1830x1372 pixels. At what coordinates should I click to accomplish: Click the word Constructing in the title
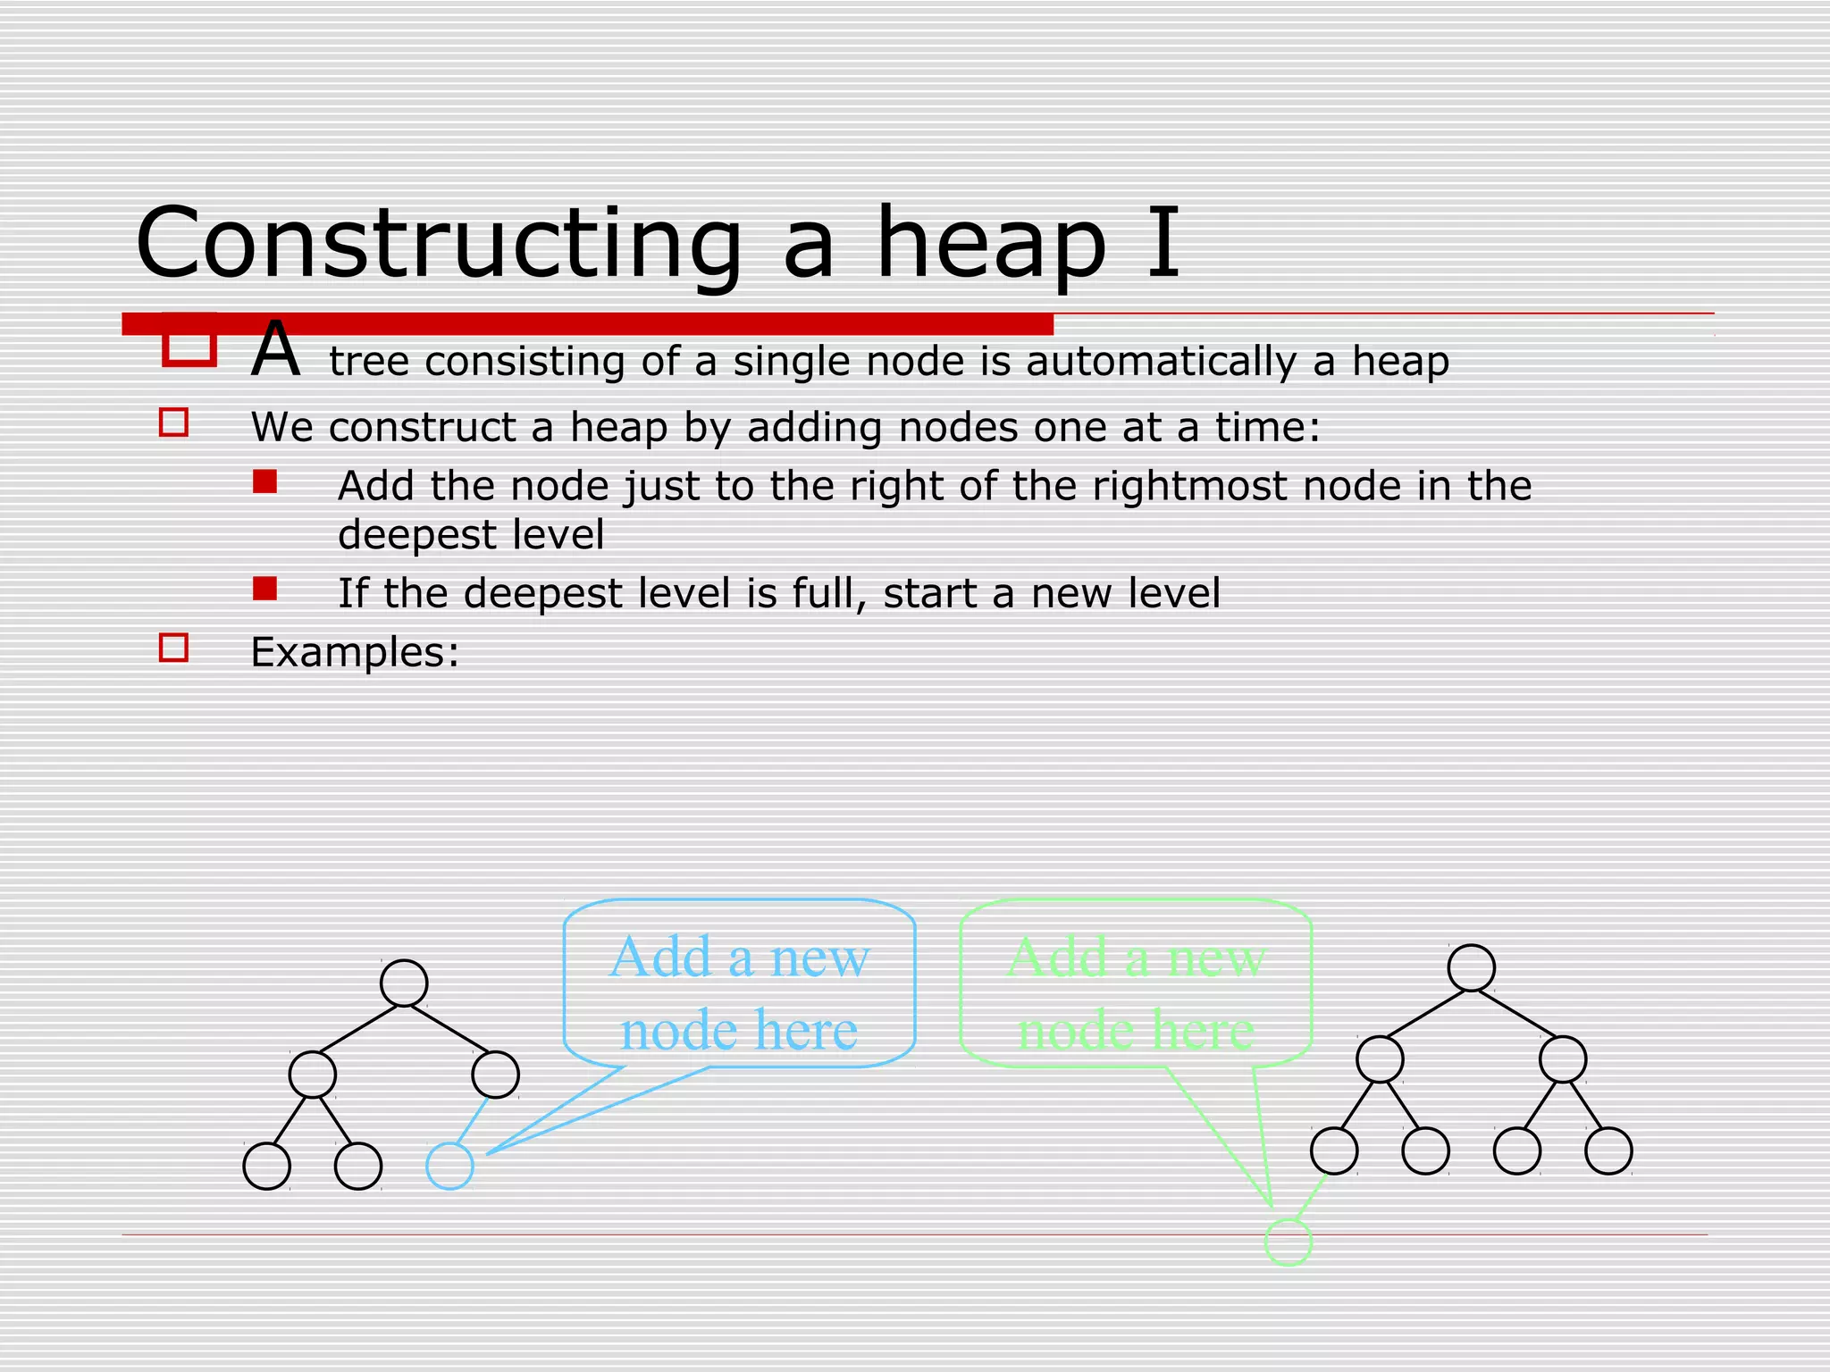[x=439, y=243]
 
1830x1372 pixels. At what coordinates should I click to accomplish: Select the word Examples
[x=355, y=652]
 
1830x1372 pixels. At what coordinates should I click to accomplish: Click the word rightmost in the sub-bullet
[x=1189, y=486]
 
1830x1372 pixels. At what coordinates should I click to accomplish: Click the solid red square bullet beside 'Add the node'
[x=264, y=482]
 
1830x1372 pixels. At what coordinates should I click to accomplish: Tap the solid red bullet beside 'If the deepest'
[x=264, y=589]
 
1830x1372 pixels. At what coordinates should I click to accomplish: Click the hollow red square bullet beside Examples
[x=173, y=648]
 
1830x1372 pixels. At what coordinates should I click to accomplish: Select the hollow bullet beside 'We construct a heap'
[x=173, y=422]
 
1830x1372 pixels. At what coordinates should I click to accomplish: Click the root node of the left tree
[x=404, y=983]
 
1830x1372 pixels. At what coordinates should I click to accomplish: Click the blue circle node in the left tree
[x=449, y=1166]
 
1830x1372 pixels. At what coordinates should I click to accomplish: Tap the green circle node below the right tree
[x=1288, y=1242]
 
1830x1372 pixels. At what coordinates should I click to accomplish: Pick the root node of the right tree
[x=1471, y=968]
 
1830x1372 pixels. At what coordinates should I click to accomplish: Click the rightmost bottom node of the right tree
[x=1608, y=1150]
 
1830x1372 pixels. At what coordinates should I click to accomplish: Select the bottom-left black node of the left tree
[x=267, y=1166]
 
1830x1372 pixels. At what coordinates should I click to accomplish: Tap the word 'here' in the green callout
[x=1205, y=1030]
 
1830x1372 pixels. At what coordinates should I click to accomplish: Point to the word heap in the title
[x=991, y=243]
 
